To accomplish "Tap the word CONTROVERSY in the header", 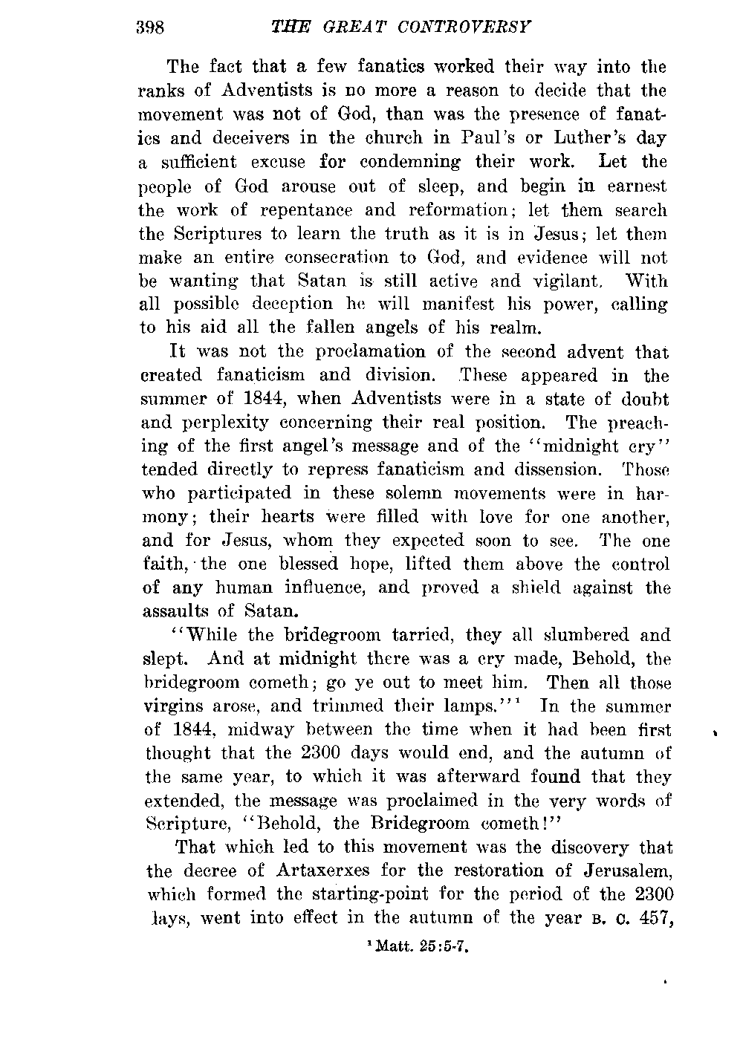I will pos(473,28).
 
